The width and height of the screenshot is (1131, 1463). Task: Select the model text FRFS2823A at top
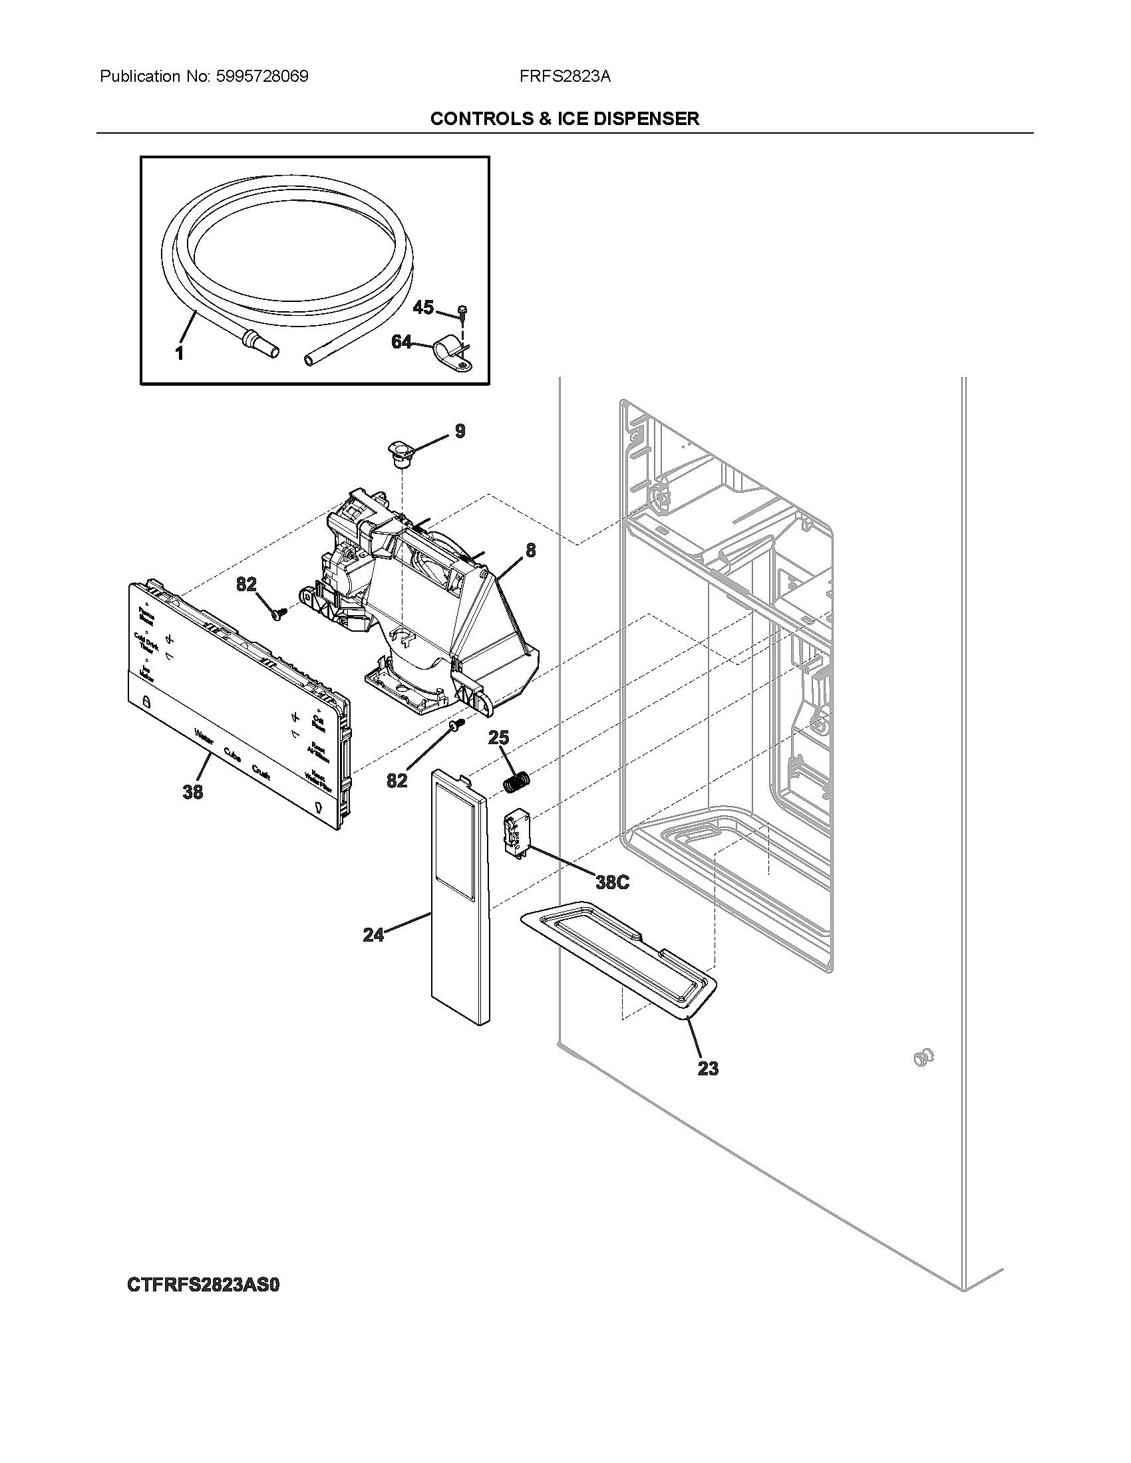point(564,76)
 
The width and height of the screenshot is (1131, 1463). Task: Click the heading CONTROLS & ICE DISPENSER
point(564,118)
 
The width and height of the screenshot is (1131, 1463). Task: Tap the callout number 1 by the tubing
point(180,353)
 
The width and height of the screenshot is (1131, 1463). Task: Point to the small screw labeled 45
point(462,309)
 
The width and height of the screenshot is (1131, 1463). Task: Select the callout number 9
point(460,431)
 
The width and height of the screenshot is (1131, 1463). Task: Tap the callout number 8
point(531,551)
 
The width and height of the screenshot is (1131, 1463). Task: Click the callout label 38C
point(612,882)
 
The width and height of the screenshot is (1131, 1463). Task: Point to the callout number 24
point(373,934)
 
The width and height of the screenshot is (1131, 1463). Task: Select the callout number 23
point(708,1068)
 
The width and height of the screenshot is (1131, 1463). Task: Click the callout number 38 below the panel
point(193,792)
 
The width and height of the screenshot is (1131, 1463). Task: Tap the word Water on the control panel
point(204,737)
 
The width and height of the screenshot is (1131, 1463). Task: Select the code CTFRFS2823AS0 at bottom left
point(202,1285)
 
